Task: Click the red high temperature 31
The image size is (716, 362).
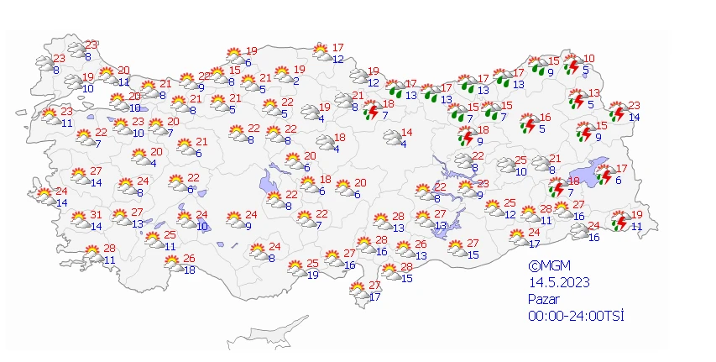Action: pyautogui.click(x=97, y=214)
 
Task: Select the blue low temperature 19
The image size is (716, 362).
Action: pyautogui.click(x=313, y=275)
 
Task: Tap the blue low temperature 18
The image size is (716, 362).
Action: pyautogui.click(x=190, y=270)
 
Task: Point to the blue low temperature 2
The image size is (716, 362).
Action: pyautogui.click(x=297, y=81)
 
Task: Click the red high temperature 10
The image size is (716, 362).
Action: pyautogui.click(x=588, y=59)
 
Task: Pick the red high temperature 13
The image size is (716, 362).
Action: pyautogui.click(x=593, y=93)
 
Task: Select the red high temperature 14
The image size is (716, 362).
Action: pyautogui.click(x=406, y=133)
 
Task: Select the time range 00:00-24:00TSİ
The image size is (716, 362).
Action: pyautogui.click(x=576, y=315)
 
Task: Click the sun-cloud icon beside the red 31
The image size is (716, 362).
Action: pyautogui.click(x=79, y=220)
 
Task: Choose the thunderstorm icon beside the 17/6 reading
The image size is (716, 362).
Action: pyautogui.click(x=606, y=175)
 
